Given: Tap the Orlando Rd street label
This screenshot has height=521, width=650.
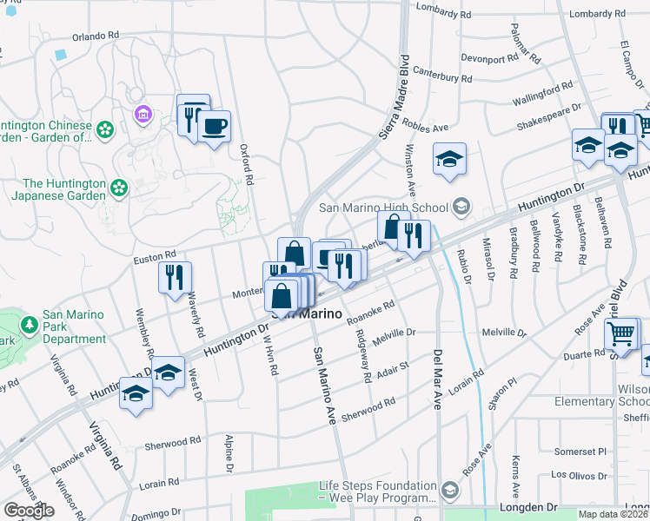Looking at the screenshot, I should pyautogui.click(x=95, y=36).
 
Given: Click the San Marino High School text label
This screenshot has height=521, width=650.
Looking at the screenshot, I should pyautogui.click(x=383, y=207).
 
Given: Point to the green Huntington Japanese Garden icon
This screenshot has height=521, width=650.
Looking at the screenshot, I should pyautogui.click(x=119, y=187).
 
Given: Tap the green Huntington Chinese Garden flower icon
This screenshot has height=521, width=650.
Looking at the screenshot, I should pyautogui.click(x=105, y=130).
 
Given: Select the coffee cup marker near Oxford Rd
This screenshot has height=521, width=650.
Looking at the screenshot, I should pyautogui.click(x=214, y=127).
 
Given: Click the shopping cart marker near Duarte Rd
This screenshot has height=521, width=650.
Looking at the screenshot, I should pyautogui.click(x=621, y=333).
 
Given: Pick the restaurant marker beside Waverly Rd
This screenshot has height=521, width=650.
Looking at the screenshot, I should pyautogui.click(x=175, y=278).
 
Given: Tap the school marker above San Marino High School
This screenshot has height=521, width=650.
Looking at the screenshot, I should pyautogui.click(x=449, y=159).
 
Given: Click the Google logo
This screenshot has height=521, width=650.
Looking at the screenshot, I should pyautogui.click(x=29, y=511).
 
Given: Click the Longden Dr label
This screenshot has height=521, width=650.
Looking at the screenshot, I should pyautogui.click(x=529, y=506).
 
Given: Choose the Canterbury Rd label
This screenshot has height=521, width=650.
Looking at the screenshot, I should pyautogui.click(x=442, y=75).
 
